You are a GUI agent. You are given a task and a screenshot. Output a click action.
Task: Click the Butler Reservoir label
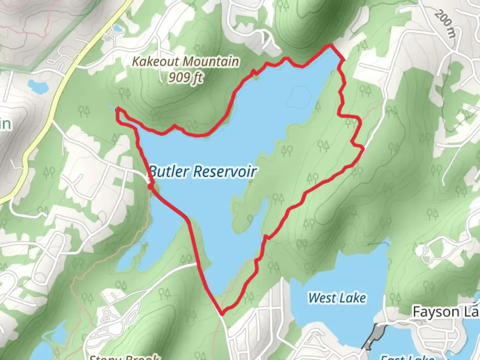(x=202, y=171)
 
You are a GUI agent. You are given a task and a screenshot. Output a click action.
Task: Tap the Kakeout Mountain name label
(x=186, y=62)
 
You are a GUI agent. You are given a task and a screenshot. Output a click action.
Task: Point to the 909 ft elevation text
(x=186, y=78)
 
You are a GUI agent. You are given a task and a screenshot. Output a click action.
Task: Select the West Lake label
(x=337, y=298)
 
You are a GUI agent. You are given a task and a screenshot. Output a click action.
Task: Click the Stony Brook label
(x=124, y=357)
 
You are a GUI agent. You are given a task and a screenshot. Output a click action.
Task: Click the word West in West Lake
(x=320, y=298)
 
